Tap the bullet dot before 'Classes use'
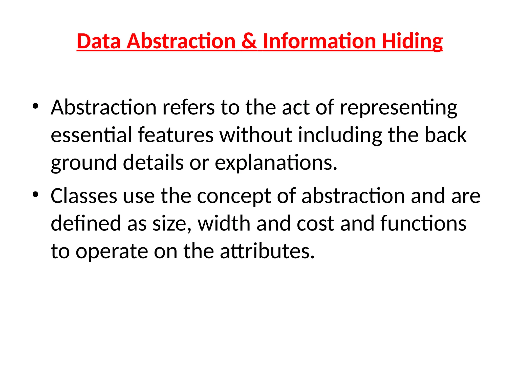[35, 194]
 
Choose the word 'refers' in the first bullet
[188, 107]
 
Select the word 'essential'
[91, 135]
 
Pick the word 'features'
[176, 135]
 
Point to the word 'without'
[255, 135]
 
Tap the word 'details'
[153, 162]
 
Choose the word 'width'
[224, 223]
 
